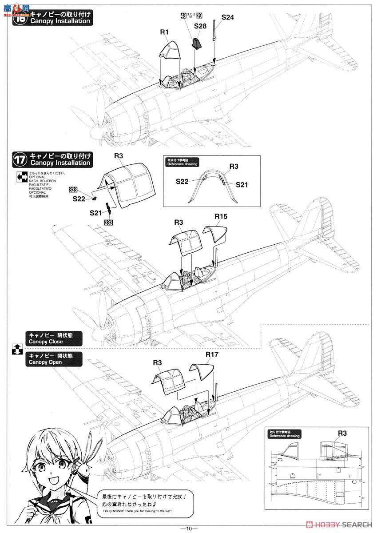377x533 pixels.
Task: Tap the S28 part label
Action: pyautogui.click(x=200, y=27)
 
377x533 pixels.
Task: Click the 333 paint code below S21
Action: pyautogui.click(x=108, y=223)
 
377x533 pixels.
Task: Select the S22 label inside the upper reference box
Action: pyautogui.click(x=183, y=181)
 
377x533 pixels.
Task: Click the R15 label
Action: pyautogui.click(x=221, y=217)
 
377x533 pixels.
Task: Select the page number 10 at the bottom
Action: pyautogui.click(x=188, y=528)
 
